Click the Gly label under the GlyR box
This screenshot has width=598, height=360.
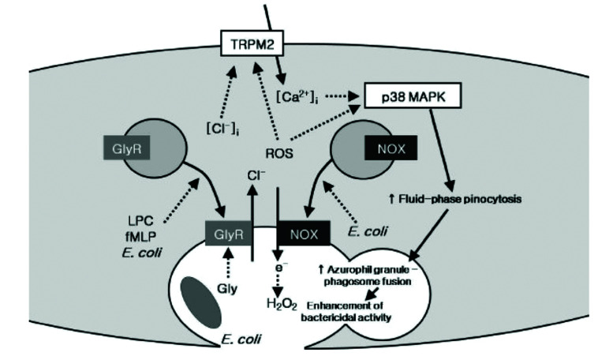229,289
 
